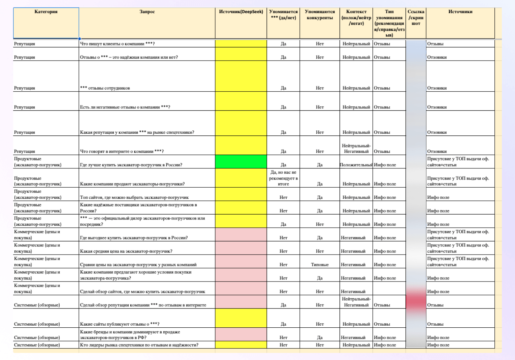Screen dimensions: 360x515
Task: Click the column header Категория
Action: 46,12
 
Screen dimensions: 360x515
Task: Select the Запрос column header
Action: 147,12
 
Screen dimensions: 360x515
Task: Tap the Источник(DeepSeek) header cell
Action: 241,12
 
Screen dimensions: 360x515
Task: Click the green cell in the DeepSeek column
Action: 241,162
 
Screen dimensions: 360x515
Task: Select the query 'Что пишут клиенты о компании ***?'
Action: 117,44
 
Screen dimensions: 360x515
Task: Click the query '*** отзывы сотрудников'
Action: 105,88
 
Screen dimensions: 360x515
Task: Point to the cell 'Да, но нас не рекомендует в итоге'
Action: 283,178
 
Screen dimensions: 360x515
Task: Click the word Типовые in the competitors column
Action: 320,265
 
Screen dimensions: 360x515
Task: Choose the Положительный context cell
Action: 356,165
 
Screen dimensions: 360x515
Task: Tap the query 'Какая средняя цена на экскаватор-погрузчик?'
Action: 126,251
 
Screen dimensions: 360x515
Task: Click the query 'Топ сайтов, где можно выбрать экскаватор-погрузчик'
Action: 134,197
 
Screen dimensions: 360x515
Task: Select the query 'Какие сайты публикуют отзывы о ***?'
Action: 120,324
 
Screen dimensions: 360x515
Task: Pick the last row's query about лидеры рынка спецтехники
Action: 139,345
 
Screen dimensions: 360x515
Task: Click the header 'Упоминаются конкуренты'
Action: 320,15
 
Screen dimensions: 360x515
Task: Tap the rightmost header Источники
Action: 460,12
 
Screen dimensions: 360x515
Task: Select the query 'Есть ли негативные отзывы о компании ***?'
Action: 125,107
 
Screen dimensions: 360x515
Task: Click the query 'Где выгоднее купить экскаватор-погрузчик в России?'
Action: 134,238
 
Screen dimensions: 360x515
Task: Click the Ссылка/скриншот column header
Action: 416,18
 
